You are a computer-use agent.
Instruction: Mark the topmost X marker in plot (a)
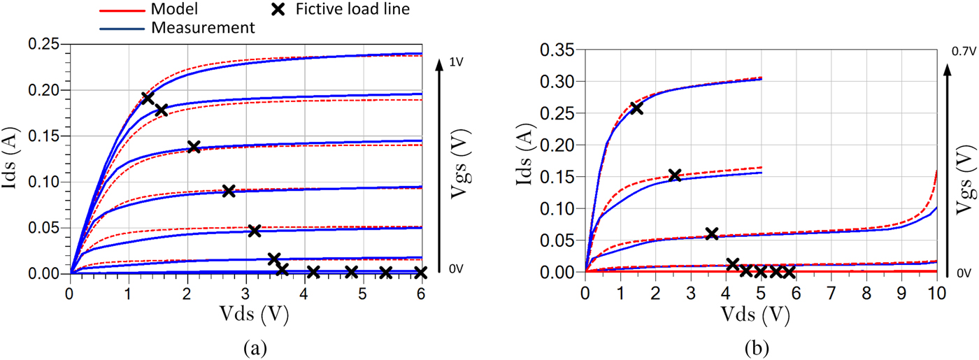(x=148, y=98)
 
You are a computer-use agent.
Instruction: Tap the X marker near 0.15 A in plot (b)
(x=674, y=175)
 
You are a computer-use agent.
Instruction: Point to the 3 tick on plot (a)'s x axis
(x=245, y=289)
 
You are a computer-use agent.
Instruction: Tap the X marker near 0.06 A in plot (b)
(x=712, y=233)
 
